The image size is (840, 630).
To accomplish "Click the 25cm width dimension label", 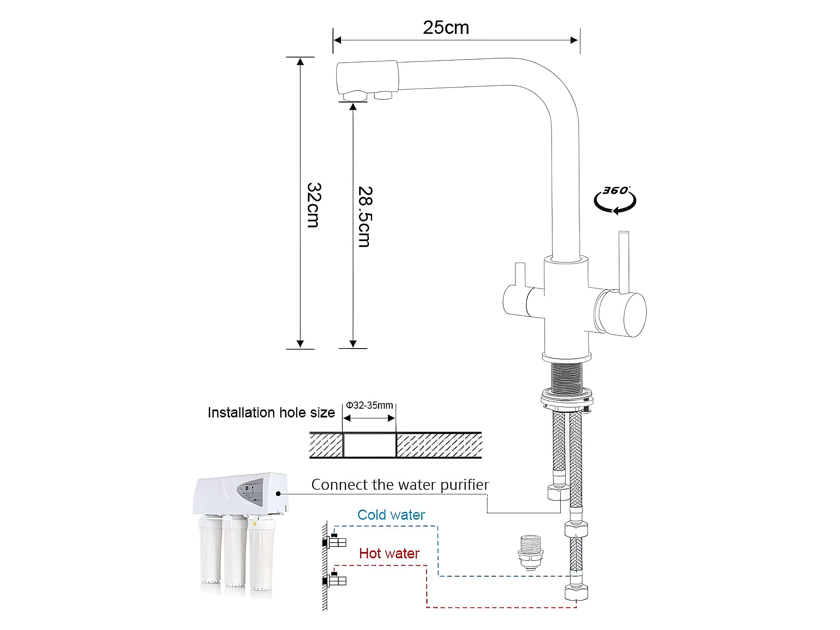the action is (x=446, y=28).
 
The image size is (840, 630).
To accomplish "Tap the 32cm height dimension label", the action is (x=314, y=205).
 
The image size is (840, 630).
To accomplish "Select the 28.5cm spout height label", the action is (x=365, y=216).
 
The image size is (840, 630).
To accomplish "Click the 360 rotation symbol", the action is (x=615, y=200).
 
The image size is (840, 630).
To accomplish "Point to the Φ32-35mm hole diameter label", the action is (x=369, y=405).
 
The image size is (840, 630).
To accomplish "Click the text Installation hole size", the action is (x=271, y=412).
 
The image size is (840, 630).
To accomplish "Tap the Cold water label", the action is (x=391, y=515).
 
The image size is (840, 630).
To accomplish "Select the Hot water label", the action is (x=389, y=554).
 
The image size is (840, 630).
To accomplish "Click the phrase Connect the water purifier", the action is (x=400, y=485).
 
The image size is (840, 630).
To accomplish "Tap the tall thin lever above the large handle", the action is (x=624, y=260).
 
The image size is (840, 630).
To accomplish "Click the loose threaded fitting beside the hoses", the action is (x=530, y=552).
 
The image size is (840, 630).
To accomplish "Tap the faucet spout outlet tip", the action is (x=355, y=96).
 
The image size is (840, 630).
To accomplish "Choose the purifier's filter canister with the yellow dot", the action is (x=261, y=554).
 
